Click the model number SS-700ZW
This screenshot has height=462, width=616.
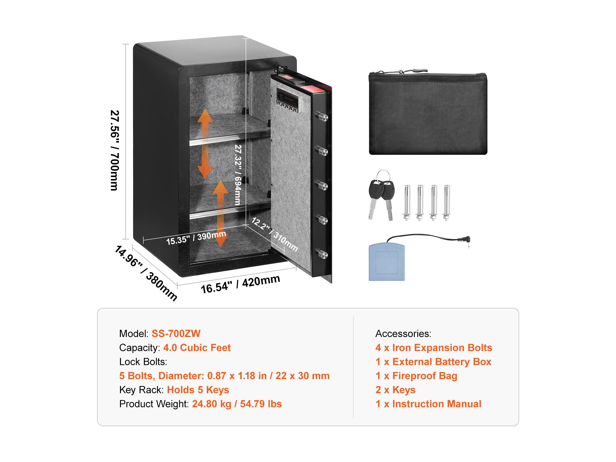176,334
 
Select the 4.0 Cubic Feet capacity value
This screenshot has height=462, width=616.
197,348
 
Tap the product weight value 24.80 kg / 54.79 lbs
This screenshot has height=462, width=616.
237,404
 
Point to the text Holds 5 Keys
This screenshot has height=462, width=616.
198,390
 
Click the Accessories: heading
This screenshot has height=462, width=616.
403,334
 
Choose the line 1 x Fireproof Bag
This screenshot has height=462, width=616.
416,376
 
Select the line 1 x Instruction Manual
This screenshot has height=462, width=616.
429,404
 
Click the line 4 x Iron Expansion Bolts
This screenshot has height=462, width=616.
434,348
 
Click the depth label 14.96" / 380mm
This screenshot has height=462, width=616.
146,273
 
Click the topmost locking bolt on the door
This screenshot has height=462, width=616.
322,116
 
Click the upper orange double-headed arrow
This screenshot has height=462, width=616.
205,144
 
